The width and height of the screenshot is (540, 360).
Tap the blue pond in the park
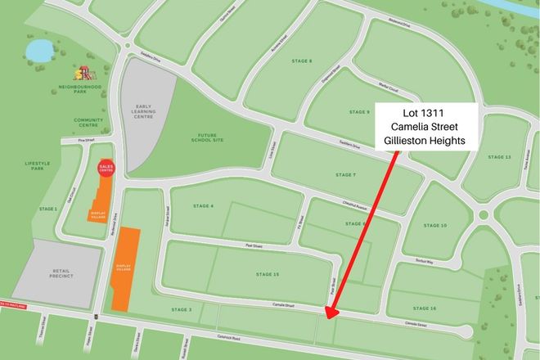click(x=38, y=52)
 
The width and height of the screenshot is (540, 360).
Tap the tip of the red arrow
click(x=327, y=317)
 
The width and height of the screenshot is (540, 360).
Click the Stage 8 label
click(x=301, y=61)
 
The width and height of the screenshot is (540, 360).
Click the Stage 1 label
click(x=49, y=209)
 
